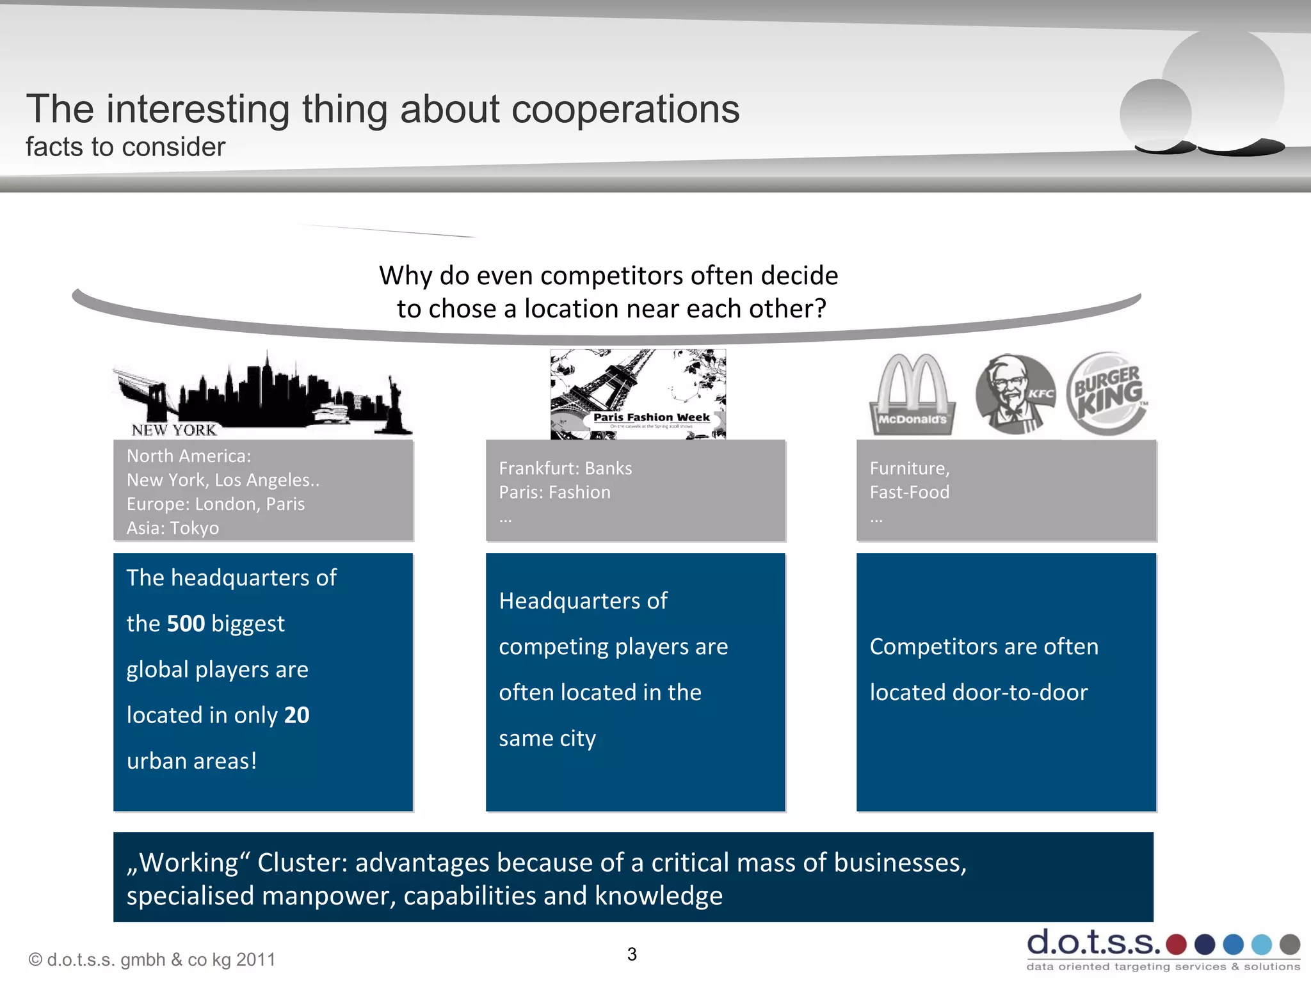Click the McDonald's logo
(x=912, y=394)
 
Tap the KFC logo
(x=1015, y=394)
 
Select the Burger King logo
(x=1108, y=393)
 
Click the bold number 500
(x=186, y=623)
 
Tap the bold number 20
(x=296, y=715)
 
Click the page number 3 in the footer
(x=632, y=954)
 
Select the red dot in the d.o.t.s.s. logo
(x=1176, y=944)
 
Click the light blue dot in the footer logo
(x=1261, y=944)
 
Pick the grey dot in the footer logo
(x=1289, y=944)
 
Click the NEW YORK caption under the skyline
(x=174, y=430)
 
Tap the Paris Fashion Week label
(x=651, y=417)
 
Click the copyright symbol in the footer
(x=35, y=960)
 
